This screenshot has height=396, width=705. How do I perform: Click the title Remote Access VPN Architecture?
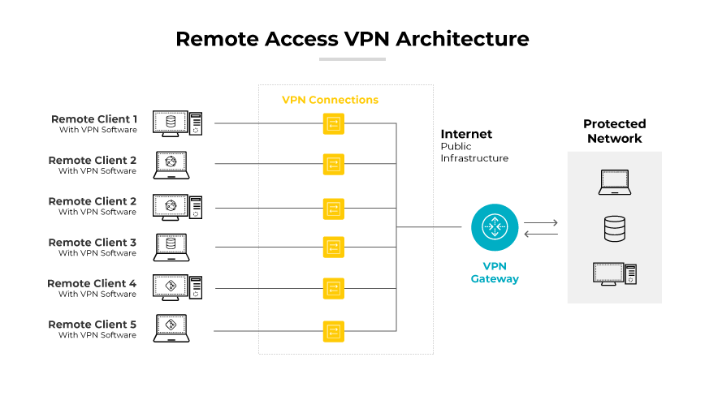(352, 38)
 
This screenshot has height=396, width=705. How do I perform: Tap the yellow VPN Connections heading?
(330, 100)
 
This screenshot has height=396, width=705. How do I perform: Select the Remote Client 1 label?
(94, 119)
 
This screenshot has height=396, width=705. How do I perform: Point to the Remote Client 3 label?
(93, 243)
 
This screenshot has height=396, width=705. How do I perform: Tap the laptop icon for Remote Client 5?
(171, 329)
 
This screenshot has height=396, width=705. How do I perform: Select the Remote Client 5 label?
(93, 325)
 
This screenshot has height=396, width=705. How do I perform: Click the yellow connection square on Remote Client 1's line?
(333, 123)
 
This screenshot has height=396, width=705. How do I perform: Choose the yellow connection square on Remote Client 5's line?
(333, 330)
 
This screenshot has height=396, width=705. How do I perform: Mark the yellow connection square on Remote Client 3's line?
(333, 247)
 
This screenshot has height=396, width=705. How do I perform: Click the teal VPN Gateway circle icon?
(494, 227)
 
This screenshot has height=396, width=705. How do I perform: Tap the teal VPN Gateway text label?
(495, 273)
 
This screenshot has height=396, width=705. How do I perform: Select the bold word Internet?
(466, 134)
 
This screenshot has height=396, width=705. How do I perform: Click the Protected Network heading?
(614, 131)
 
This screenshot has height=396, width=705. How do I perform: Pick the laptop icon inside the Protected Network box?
(614, 183)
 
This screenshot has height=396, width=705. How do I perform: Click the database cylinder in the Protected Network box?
(614, 229)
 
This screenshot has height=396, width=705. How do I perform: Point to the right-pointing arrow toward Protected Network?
(541, 222)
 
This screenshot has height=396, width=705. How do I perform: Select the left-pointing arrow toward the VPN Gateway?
(541, 235)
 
